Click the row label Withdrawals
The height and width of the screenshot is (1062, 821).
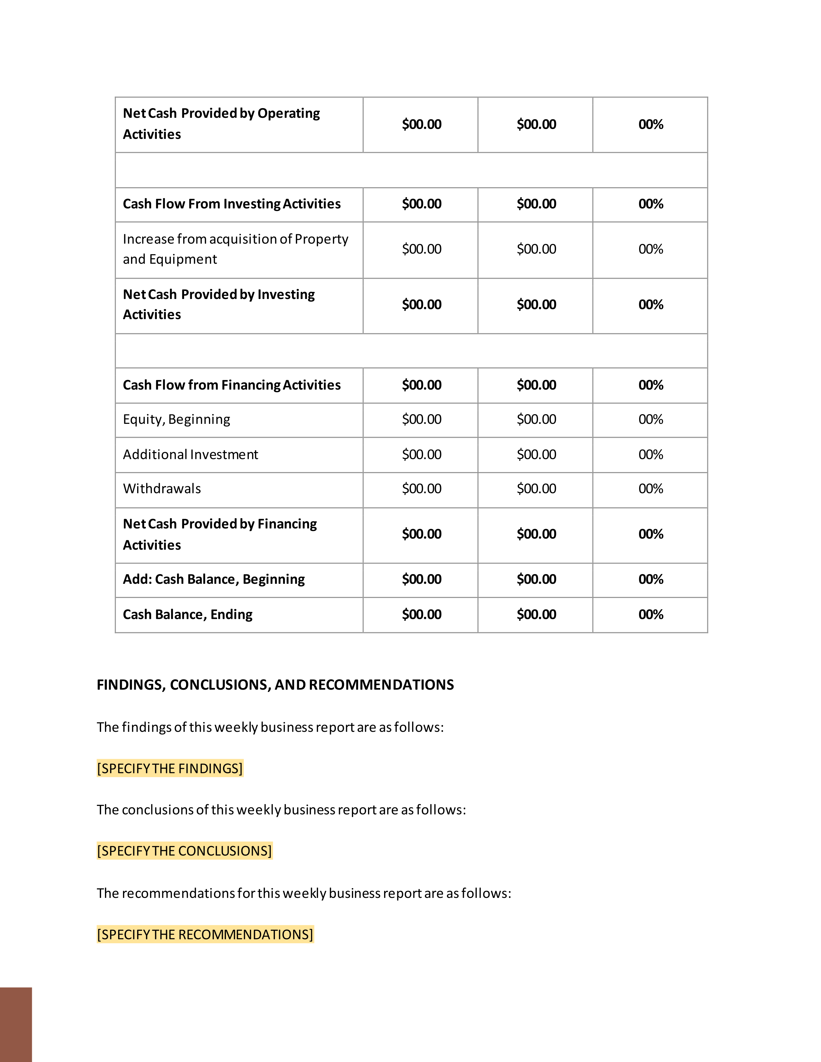[x=162, y=489]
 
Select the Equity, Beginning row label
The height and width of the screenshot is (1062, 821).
[x=176, y=419]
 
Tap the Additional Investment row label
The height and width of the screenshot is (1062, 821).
[x=191, y=455]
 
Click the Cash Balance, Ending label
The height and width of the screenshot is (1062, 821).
[x=188, y=615]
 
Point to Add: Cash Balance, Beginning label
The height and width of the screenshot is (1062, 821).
[x=214, y=579]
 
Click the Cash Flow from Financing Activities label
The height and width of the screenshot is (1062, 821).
[x=231, y=385]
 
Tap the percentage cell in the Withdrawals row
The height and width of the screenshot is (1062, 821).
[x=651, y=489]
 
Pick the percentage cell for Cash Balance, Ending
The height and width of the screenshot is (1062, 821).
[x=651, y=615]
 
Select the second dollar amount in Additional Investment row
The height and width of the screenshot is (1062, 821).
[x=536, y=455]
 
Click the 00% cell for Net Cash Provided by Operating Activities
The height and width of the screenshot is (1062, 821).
[x=651, y=125]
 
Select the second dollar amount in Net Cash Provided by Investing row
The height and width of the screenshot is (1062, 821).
[x=536, y=305]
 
